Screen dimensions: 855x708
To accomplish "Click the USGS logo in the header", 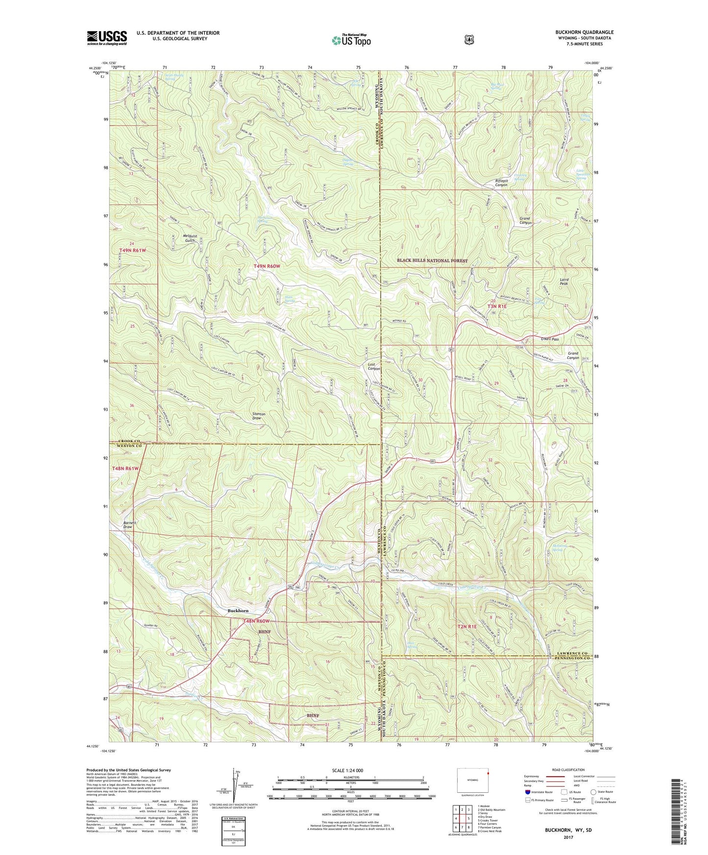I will pyautogui.click(x=107, y=38).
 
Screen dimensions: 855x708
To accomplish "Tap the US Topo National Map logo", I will pyautogui.click(x=350, y=40).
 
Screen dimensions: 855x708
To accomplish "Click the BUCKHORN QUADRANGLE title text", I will pyautogui.click(x=584, y=32).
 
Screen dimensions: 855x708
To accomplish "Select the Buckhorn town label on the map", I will pyautogui.click(x=238, y=611).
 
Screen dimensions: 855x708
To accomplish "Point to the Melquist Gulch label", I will pyautogui.click(x=190, y=238).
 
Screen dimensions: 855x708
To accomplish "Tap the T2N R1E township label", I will pyautogui.click(x=466, y=626).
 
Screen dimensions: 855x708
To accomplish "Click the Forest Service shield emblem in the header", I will pyautogui.click(x=469, y=40).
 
